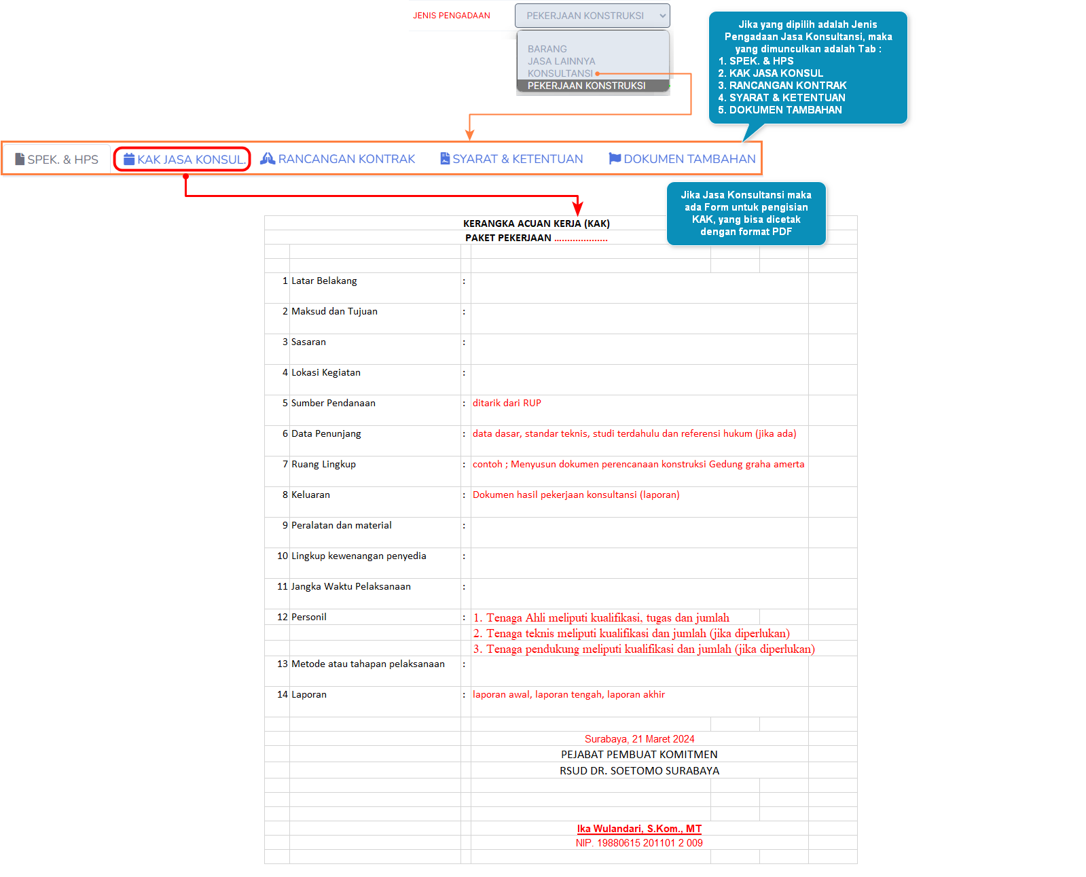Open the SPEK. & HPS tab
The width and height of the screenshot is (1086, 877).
57,160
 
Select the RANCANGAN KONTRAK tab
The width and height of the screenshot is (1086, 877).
338,159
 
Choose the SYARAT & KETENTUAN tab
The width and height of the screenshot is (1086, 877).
511,159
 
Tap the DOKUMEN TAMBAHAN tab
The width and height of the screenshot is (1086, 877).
683,159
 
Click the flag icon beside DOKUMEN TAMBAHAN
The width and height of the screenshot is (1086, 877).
615,158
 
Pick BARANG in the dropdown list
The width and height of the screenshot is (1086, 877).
547,49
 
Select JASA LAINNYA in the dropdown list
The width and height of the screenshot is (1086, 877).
561,61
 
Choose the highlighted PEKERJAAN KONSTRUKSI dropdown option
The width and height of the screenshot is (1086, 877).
586,86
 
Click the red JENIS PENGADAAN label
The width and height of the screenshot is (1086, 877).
451,16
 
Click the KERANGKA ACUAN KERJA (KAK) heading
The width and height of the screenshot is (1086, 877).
536,223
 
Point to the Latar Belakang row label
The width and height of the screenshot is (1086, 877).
324,281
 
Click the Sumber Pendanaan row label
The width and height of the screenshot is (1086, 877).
333,403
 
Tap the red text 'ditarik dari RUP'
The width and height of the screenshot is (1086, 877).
507,403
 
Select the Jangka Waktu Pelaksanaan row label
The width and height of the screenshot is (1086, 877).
350,586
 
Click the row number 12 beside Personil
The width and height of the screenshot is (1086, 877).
283,617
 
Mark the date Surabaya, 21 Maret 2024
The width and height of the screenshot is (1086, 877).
639,739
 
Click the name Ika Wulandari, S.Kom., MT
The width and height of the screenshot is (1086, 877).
639,829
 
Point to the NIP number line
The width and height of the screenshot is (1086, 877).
639,843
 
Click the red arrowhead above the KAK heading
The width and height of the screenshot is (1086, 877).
577,209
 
